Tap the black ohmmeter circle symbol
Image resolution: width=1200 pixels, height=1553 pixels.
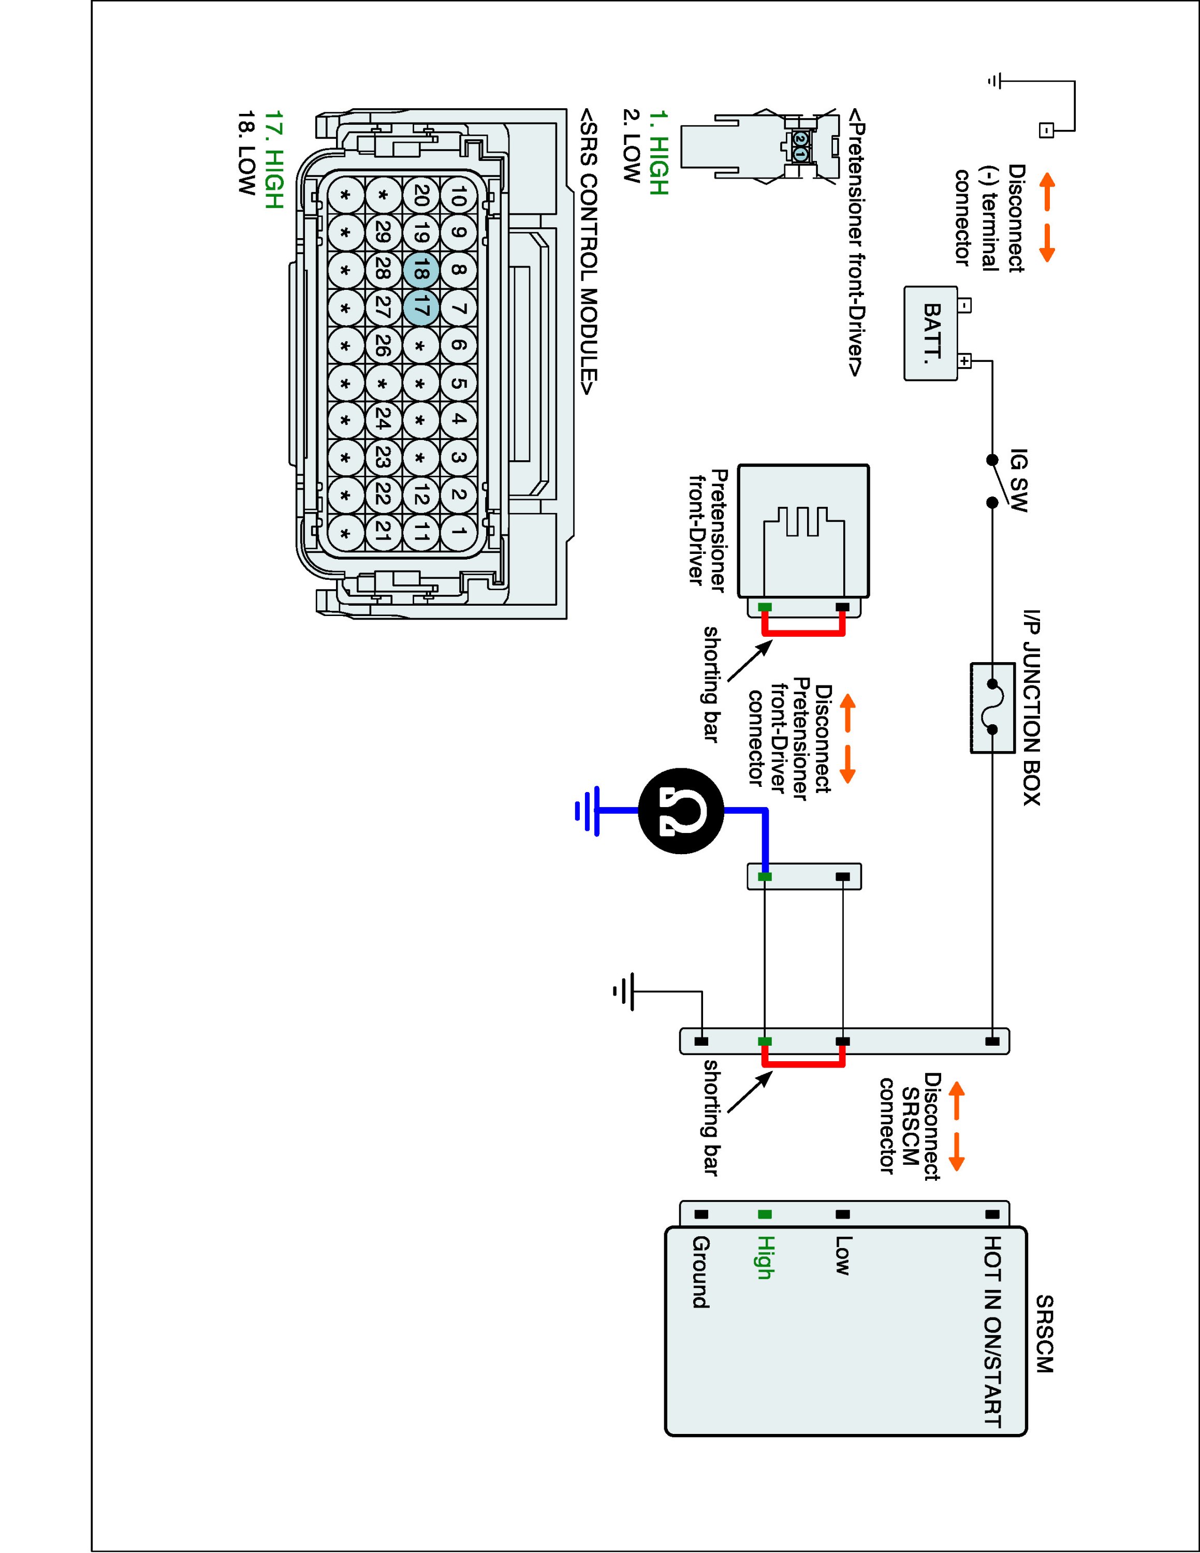681,811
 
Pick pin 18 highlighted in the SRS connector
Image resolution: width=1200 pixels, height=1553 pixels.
420,270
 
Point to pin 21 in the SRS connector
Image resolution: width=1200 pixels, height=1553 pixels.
383,531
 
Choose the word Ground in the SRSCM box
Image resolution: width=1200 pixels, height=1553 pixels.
700,1273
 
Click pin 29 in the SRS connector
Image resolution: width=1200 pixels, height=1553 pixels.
383,232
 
